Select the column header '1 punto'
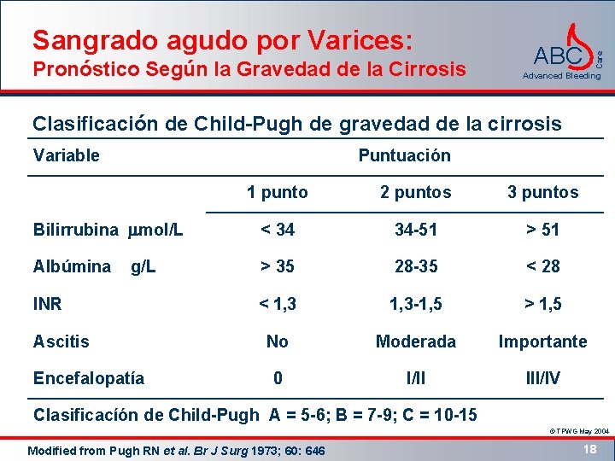[277, 192]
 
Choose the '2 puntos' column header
[416, 192]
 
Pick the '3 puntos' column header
[542, 192]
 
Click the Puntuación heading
[404, 155]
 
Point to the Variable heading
[66, 155]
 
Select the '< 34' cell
[277, 229]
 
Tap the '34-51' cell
[416, 229]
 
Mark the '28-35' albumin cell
[416, 266]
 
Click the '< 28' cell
[542, 266]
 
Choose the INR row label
[48, 304]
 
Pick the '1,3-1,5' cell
[416, 304]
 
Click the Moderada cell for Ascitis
[416, 341]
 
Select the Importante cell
[542, 341]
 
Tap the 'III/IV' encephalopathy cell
[542, 378]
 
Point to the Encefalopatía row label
[88, 378]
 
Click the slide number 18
[588, 447]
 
